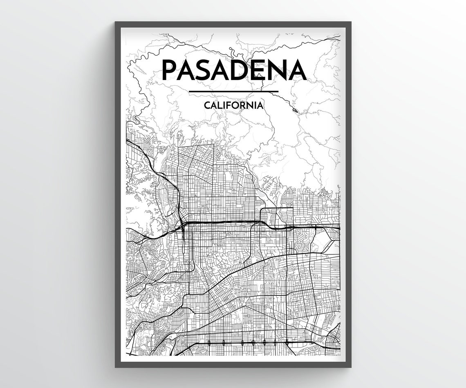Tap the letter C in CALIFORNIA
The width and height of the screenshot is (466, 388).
pos(206,105)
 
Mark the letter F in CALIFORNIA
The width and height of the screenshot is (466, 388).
pos(230,105)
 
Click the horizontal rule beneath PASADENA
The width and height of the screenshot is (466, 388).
pos(233,91)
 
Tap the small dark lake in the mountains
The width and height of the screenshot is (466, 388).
pos(295,110)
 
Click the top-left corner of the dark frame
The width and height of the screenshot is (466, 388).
pos(116,22)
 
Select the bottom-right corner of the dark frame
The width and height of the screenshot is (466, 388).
pos(350,366)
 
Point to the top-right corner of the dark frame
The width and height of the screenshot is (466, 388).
pos(350,22)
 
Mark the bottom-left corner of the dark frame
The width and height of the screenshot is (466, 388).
pos(116,366)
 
